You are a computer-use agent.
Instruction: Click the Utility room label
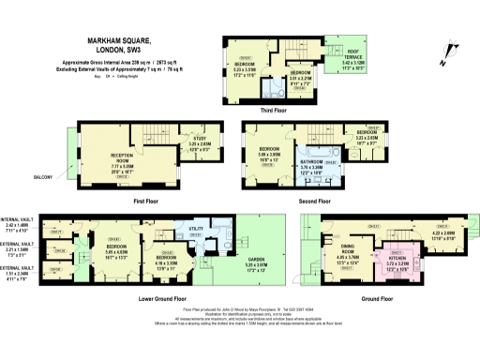coord(197,228)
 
